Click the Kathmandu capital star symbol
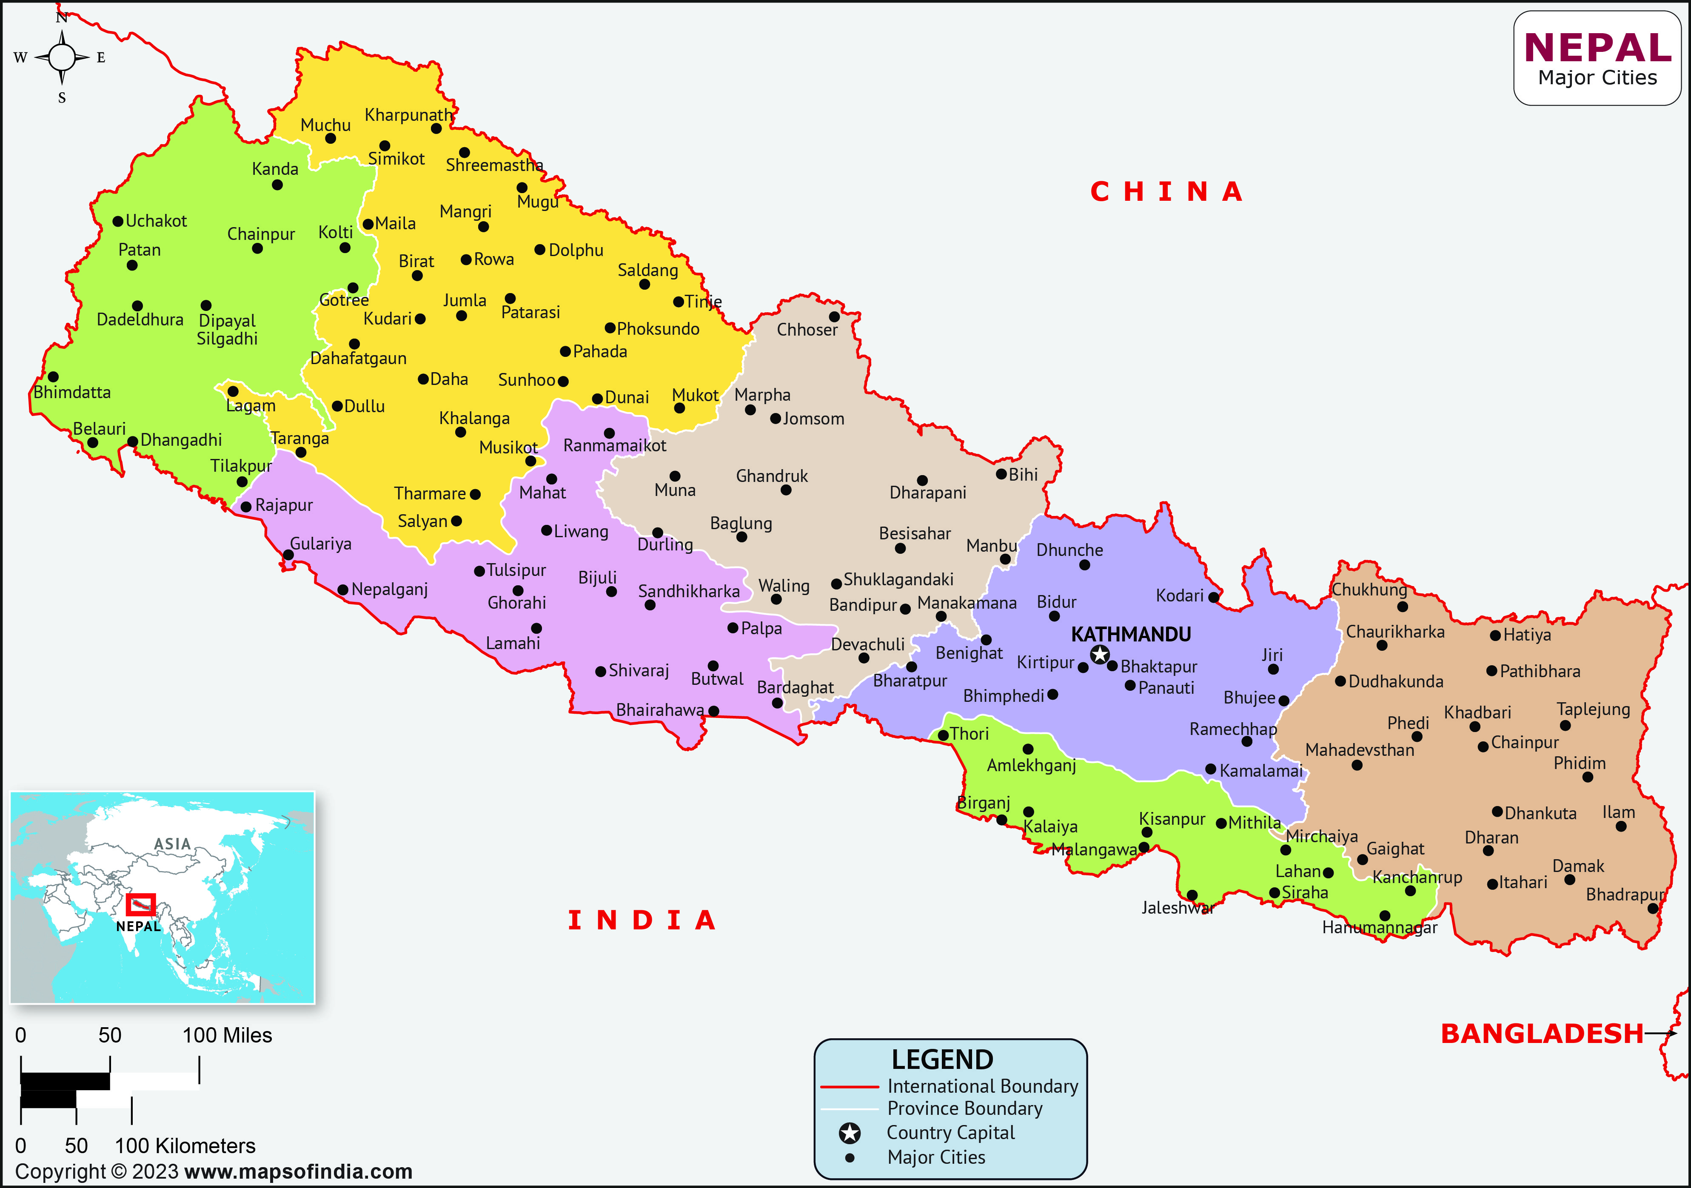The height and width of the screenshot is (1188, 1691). point(1100,654)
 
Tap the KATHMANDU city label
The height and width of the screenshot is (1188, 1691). point(1131,634)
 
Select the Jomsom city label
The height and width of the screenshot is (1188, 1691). point(813,419)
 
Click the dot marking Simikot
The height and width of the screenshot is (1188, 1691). point(385,146)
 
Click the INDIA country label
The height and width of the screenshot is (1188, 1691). point(642,920)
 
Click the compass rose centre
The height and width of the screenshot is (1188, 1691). point(62,57)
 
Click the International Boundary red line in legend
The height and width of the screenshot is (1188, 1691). point(849,1086)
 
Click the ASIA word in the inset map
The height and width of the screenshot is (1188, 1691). point(172,844)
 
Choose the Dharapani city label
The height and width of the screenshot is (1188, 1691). point(927,493)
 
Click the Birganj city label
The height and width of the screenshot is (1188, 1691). point(983,803)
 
